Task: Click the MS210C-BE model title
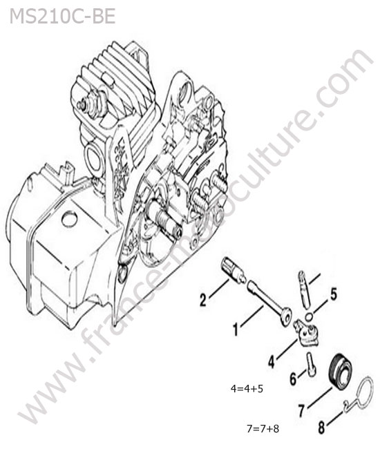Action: coord(62,17)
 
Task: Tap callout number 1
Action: coord(236,329)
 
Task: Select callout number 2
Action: coord(202,300)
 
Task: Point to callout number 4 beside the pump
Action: coord(272,361)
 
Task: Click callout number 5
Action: coord(333,294)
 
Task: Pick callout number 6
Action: coord(293,379)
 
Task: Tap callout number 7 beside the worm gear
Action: coord(301,410)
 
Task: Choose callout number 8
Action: coord(321,428)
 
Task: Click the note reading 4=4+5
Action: coord(247,389)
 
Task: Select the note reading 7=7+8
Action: coord(263,429)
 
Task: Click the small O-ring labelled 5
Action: coord(309,317)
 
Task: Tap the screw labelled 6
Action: coord(312,363)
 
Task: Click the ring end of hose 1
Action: coord(286,316)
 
